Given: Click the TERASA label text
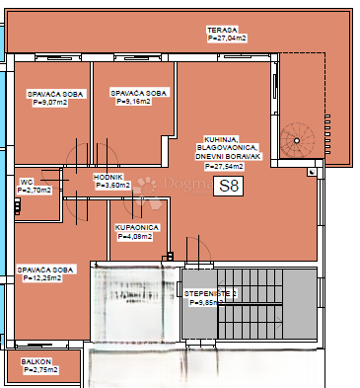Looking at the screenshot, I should tap(221, 31).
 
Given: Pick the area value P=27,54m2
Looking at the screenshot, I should tap(225, 167).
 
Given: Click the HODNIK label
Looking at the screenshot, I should tap(108, 177).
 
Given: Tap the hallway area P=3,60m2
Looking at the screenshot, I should tap(110, 185).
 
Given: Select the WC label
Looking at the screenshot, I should tap(27, 182).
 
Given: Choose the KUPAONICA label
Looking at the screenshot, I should tap(136, 227).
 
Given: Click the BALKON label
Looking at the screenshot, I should tap(36, 361).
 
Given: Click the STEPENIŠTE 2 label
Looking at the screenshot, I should tap(210, 295).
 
